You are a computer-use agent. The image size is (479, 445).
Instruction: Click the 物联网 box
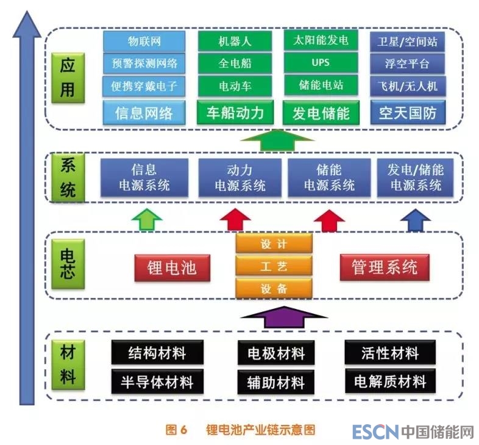point(144,42)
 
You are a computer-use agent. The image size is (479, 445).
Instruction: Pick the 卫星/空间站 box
point(407,42)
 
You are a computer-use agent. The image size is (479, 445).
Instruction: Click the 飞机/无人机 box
point(407,85)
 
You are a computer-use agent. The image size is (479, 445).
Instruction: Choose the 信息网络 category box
point(144,113)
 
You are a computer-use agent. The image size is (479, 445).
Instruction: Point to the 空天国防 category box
point(407,113)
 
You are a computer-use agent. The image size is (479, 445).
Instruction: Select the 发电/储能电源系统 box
point(415,177)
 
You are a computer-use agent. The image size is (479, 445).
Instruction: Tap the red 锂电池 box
point(172,268)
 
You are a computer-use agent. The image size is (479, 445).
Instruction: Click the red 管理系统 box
point(385,267)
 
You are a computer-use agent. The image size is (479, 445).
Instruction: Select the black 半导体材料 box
point(157,382)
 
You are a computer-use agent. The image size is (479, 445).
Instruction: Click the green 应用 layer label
point(67,78)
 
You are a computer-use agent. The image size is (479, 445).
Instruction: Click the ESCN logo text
point(375,432)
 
